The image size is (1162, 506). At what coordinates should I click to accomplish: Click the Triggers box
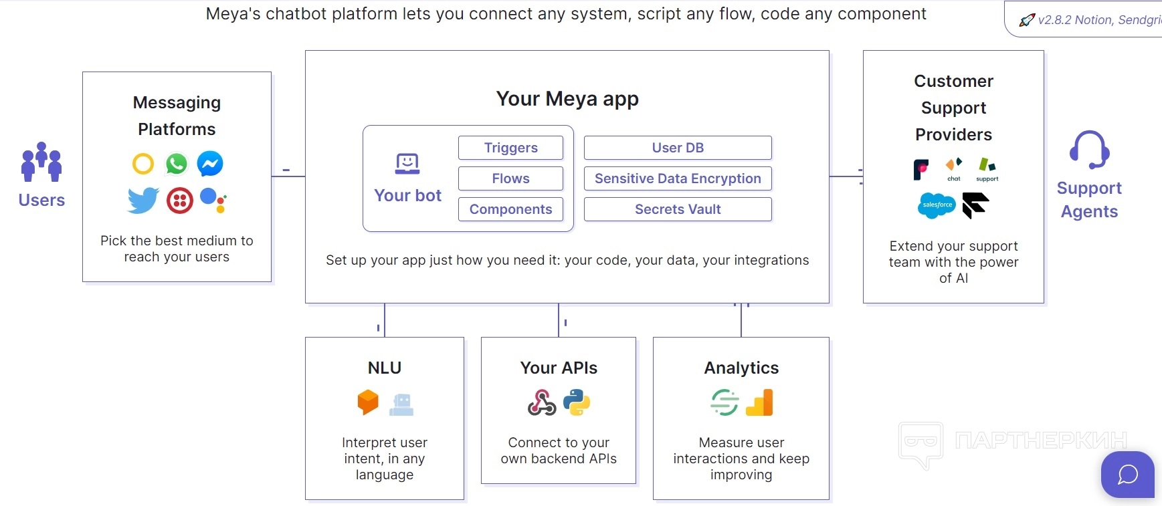click(510, 148)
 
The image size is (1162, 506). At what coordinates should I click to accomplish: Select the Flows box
click(510, 178)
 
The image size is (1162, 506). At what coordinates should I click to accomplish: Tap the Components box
click(510, 209)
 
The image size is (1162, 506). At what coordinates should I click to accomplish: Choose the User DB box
click(678, 148)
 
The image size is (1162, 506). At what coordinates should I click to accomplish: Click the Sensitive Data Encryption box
click(678, 178)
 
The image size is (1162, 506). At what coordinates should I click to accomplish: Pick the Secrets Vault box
click(678, 209)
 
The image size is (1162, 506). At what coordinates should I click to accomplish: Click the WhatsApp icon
click(177, 164)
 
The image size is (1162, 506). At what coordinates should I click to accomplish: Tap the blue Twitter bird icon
click(143, 200)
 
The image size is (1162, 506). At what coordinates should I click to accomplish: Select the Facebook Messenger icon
click(210, 164)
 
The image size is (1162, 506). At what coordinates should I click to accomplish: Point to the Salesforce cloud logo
click(937, 205)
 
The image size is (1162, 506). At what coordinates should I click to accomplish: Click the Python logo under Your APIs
click(577, 403)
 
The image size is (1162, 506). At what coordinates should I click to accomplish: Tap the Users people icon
click(41, 162)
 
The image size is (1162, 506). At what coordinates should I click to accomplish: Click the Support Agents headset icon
click(1089, 150)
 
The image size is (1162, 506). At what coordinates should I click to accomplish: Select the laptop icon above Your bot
click(407, 164)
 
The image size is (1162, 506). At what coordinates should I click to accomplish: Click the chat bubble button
click(1128, 475)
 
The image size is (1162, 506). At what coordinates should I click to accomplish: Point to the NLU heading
click(385, 368)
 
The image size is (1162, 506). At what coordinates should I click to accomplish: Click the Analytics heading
click(741, 368)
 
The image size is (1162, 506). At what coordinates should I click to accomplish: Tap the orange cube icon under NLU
click(368, 402)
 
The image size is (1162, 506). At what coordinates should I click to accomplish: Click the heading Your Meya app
click(567, 99)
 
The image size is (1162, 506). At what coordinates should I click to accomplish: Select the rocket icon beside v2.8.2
click(1027, 20)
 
